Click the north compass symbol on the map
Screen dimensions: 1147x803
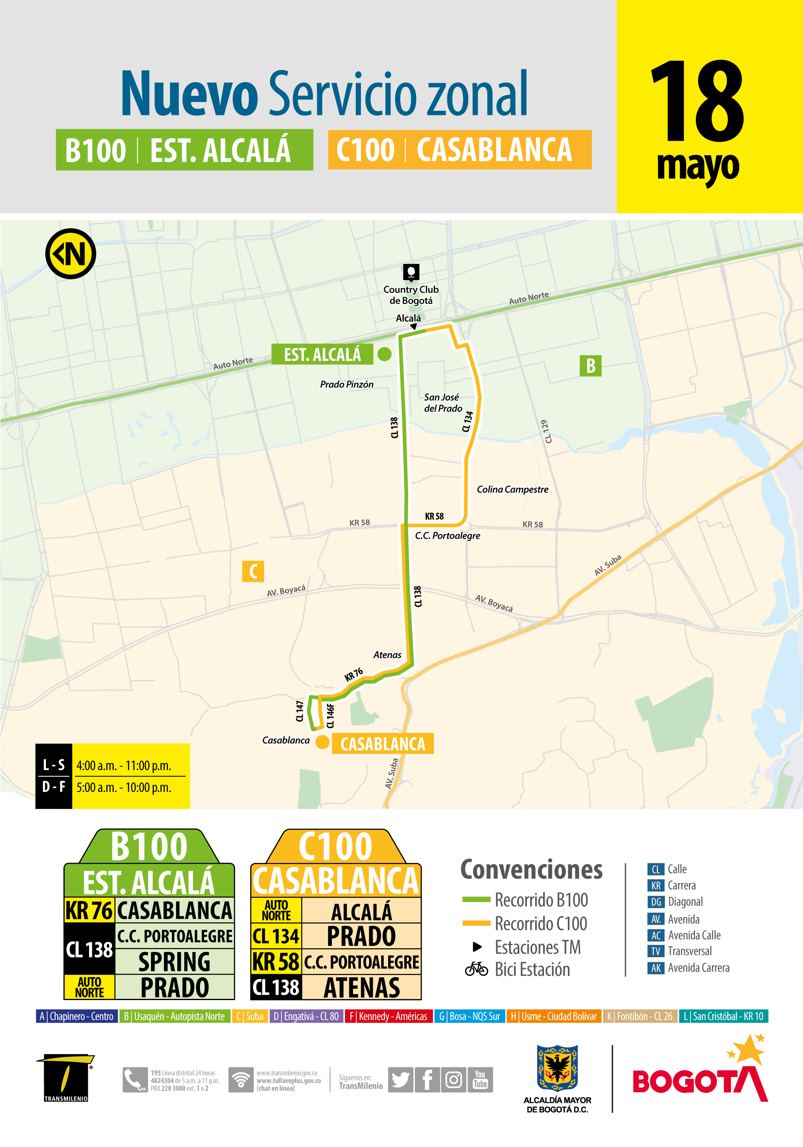click(70, 254)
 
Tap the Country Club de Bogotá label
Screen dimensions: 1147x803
click(411, 295)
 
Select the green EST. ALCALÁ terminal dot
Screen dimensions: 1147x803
click(384, 354)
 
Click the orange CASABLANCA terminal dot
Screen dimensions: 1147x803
click(322, 742)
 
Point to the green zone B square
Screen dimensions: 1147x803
click(590, 366)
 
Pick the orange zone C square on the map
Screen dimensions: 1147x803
click(253, 571)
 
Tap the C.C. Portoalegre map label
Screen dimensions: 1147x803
click(447, 535)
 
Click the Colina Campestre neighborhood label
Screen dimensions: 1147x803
click(512, 490)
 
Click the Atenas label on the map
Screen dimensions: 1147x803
click(387, 655)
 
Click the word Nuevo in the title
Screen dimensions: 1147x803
click(189, 94)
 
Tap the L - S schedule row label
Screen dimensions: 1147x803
click(54, 765)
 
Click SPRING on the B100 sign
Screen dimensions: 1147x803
click(174, 962)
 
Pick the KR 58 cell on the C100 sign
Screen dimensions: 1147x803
click(276, 962)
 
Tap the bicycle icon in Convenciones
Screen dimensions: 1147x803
click(476, 969)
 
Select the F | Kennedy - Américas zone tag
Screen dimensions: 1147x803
click(388, 1016)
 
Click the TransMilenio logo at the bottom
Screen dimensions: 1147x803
click(66, 1077)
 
